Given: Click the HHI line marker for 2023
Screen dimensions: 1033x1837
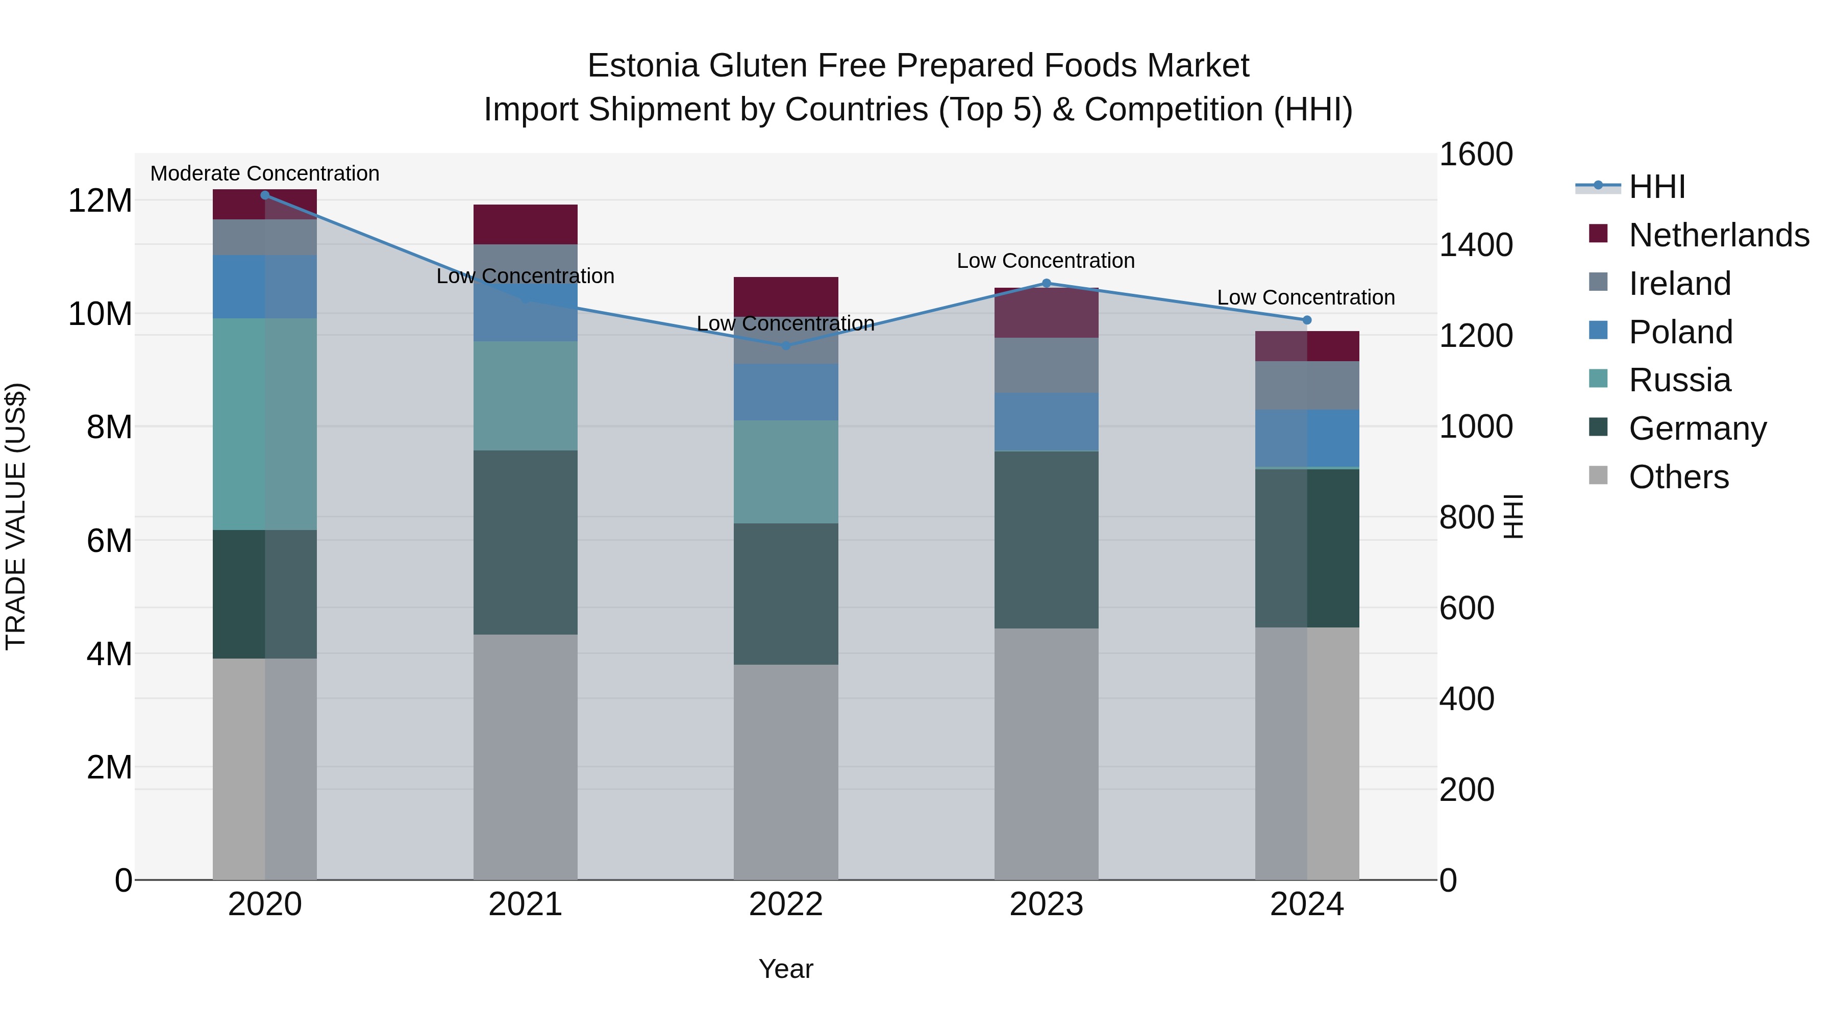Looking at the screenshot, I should pyautogui.click(x=1046, y=283).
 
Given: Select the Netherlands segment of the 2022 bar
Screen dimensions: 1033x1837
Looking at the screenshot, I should pyautogui.click(x=786, y=296).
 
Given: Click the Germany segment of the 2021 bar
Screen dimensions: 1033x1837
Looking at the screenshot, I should pyautogui.click(x=525, y=542).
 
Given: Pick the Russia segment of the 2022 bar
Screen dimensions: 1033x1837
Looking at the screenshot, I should pyautogui.click(x=786, y=471).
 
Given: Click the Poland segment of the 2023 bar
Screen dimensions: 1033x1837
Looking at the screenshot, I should pyautogui.click(x=1046, y=421).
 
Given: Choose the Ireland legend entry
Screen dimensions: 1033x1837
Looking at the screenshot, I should pyautogui.click(x=1679, y=283).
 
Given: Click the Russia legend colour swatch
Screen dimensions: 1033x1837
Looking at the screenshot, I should pyautogui.click(x=1598, y=379).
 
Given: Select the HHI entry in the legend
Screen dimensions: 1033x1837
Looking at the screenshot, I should pyautogui.click(x=1656, y=187).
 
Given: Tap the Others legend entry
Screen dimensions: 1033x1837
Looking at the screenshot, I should pyautogui.click(x=1678, y=476).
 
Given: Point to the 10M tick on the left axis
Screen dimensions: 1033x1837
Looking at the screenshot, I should pyautogui.click(x=100, y=314).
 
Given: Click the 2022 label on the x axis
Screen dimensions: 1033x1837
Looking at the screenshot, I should pyautogui.click(x=786, y=904).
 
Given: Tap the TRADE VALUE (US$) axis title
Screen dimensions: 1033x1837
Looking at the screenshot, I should pyautogui.click(x=16, y=516).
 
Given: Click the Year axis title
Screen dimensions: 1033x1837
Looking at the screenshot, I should pyautogui.click(x=786, y=969).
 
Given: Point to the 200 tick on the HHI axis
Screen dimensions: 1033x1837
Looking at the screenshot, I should pyautogui.click(x=1466, y=789).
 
